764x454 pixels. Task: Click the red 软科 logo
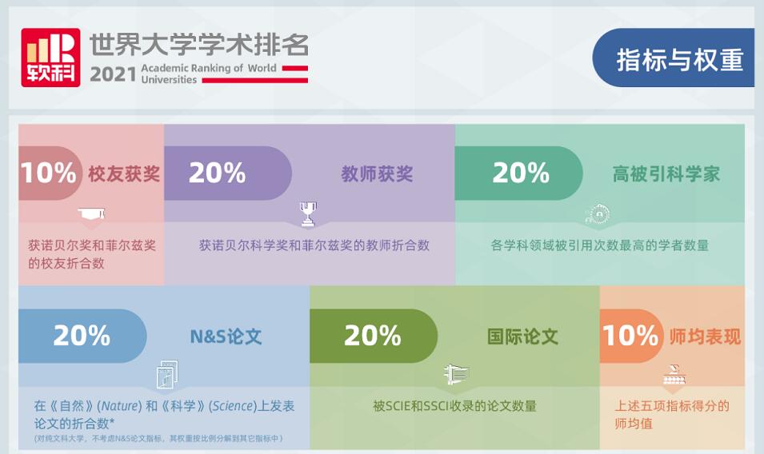click(x=50, y=58)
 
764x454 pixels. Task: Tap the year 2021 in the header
click(x=113, y=74)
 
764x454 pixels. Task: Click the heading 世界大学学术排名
click(x=199, y=46)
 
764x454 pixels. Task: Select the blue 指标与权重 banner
click(x=674, y=58)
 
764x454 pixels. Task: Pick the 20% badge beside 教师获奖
click(x=227, y=173)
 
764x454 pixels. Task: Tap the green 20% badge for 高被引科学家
click(x=518, y=173)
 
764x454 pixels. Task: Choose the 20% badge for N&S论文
click(x=82, y=335)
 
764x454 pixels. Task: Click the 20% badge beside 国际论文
click(x=374, y=335)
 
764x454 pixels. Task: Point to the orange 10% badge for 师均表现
click(x=631, y=335)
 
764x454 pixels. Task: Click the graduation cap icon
click(x=91, y=213)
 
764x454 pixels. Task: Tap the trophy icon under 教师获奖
click(x=308, y=214)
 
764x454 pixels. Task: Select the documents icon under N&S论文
click(x=167, y=374)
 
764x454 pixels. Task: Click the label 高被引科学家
click(x=666, y=173)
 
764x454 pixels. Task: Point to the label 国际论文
click(x=523, y=337)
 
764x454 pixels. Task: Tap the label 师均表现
click(x=705, y=337)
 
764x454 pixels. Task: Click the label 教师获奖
click(x=377, y=173)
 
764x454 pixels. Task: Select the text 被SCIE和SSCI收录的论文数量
click(x=454, y=406)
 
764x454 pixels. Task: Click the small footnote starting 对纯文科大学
click(x=158, y=439)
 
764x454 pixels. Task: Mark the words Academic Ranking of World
click(x=209, y=68)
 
